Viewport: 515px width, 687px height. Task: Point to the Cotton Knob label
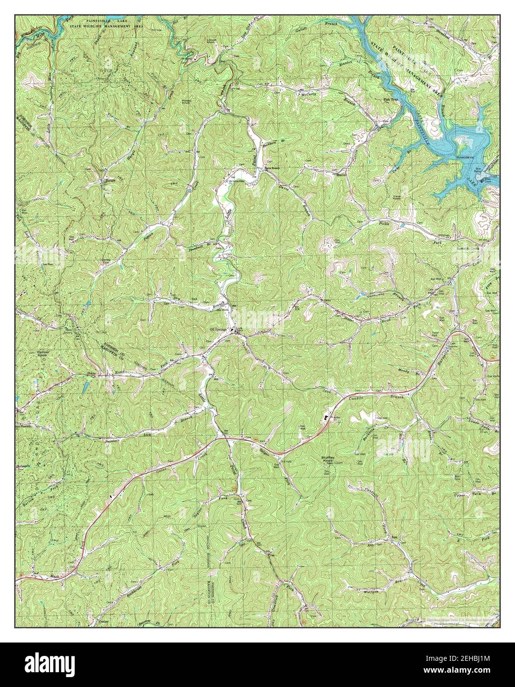pos(43,354)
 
